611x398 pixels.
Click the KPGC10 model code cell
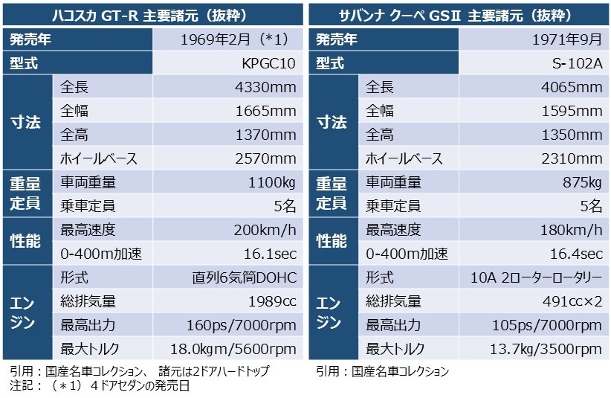click(x=268, y=64)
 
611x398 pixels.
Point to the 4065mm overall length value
click(x=574, y=88)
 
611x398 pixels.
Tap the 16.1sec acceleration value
click(x=270, y=254)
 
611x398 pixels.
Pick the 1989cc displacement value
click(x=272, y=302)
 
